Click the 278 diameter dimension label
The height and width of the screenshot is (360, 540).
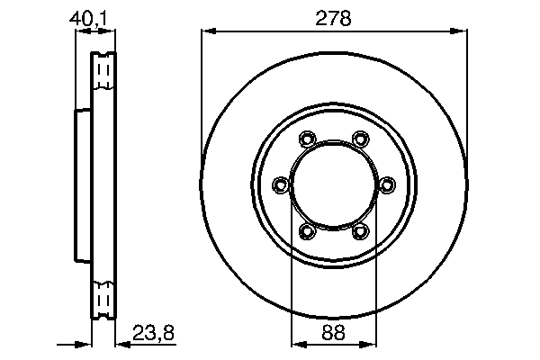pos(334,18)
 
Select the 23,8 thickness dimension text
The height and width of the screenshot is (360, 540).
pos(152,332)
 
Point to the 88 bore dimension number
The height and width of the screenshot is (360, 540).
pos(334,332)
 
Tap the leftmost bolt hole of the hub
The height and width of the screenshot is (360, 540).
pos(280,185)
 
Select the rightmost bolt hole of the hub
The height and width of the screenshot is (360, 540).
pos(388,185)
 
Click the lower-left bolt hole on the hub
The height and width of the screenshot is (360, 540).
pos(307,232)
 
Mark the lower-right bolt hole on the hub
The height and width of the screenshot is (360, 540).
pos(361,232)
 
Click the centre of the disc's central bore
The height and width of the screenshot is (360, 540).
pos(334,185)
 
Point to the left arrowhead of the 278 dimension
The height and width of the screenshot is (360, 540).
pos(206,31)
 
